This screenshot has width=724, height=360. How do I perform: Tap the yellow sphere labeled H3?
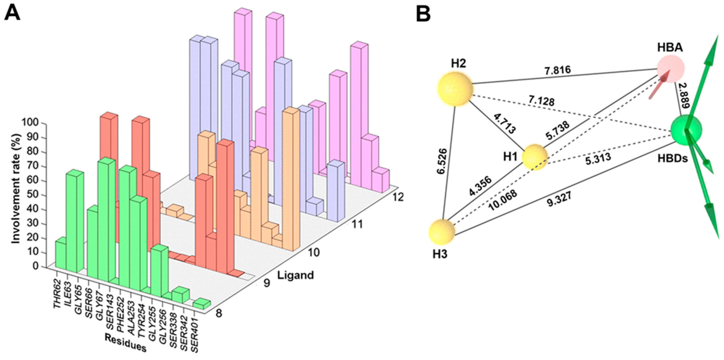tap(442, 232)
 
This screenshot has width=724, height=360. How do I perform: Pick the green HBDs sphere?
tap(686, 130)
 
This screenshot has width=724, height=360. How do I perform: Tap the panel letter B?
tap(423, 14)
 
